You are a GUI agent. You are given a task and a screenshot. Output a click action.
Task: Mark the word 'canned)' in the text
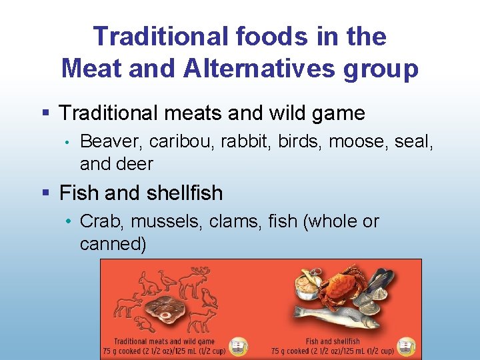click(113, 244)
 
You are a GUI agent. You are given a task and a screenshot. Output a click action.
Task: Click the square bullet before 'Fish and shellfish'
click(45, 193)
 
